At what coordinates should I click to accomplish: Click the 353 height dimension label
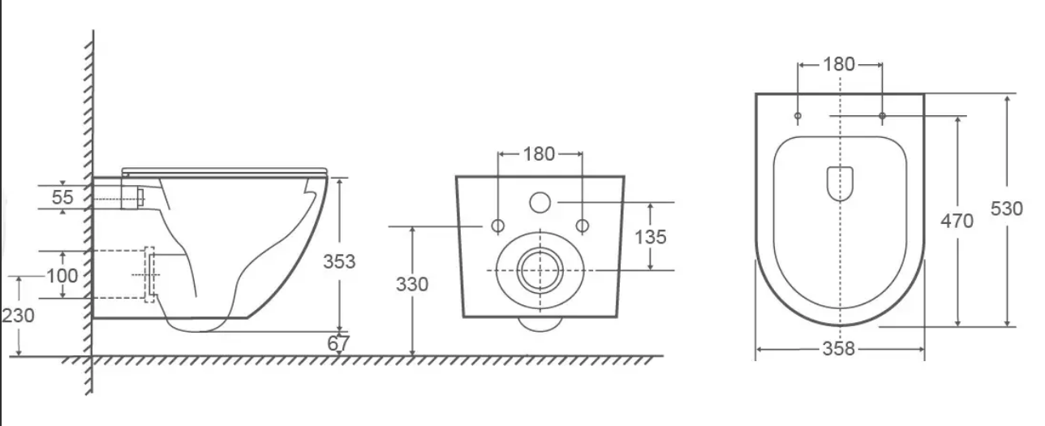pyautogui.click(x=339, y=262)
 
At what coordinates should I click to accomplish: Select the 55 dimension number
pyautogui.click(x=62, y=197)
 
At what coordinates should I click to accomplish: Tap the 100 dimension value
pyautogui.click(x=62, y=276)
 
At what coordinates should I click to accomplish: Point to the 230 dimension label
pyautogui.click(x=18, y=316)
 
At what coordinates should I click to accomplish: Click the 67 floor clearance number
pyautogui.click(x=338, y=344)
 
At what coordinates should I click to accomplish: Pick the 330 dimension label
pyautogui.click(x=412, y=284)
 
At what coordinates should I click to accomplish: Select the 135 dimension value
pyautogui.click(x=651, y=237)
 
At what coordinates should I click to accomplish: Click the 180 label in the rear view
pyautogui.click(x=539, y=154)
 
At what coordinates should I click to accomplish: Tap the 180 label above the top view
pyautogui.click(x=839, y=64)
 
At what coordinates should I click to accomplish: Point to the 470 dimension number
pyautogui.click(x=957, y=221)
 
